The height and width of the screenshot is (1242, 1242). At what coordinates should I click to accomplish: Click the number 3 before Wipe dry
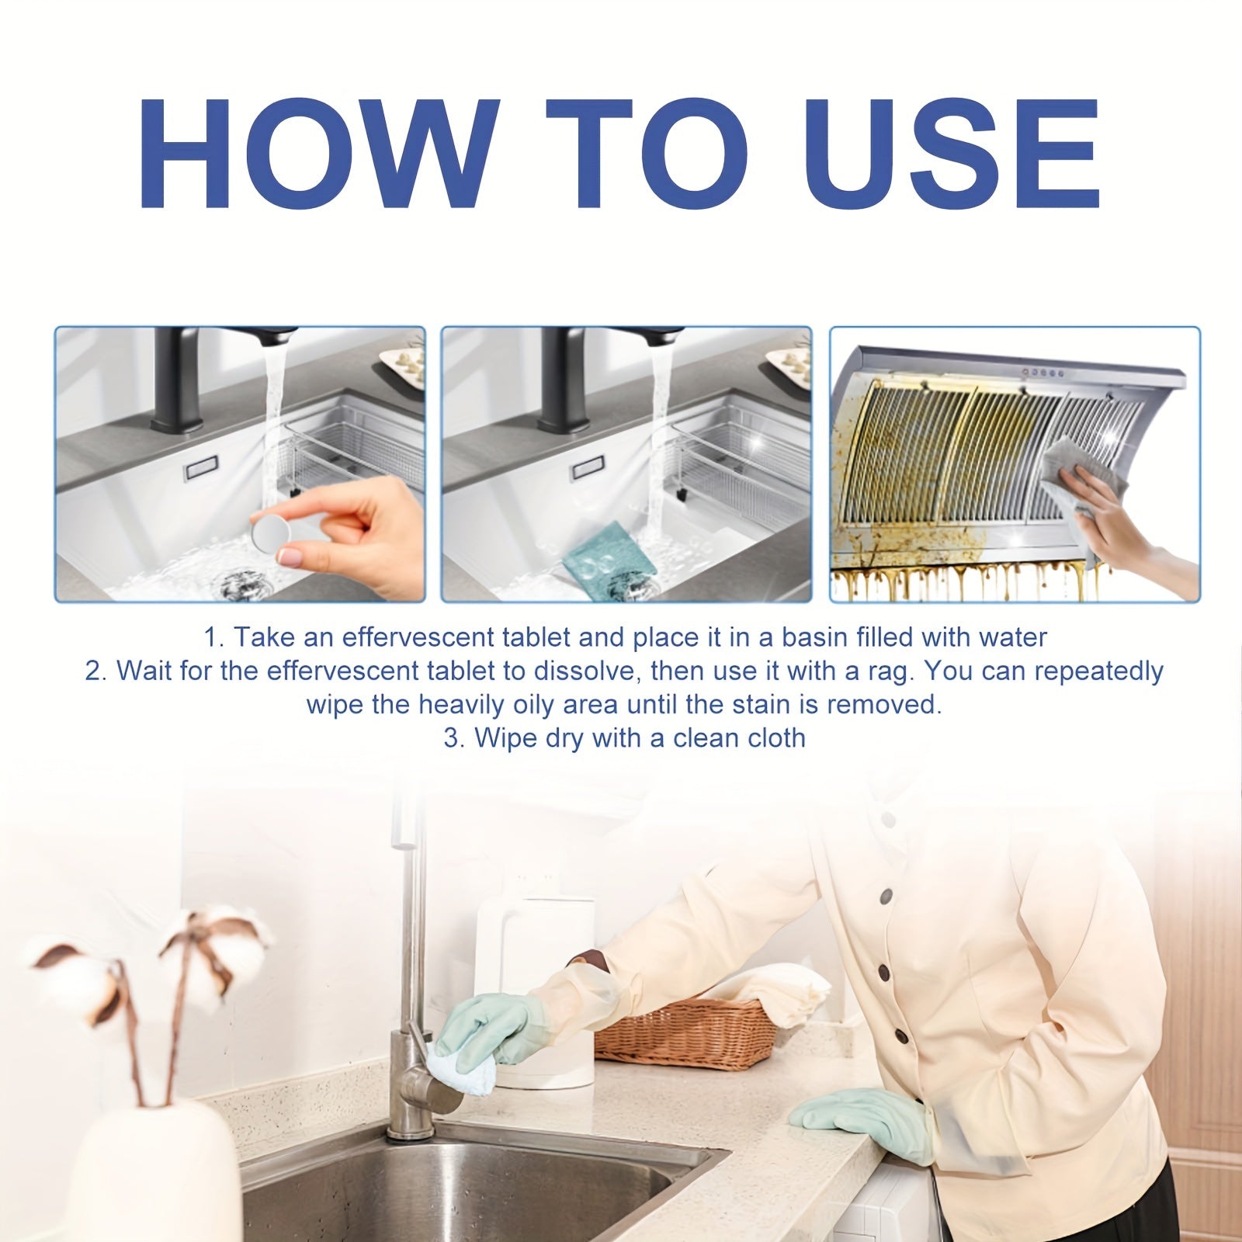tap(452, 737)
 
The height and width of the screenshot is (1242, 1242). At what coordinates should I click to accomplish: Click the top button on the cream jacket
tap(886, 898)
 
